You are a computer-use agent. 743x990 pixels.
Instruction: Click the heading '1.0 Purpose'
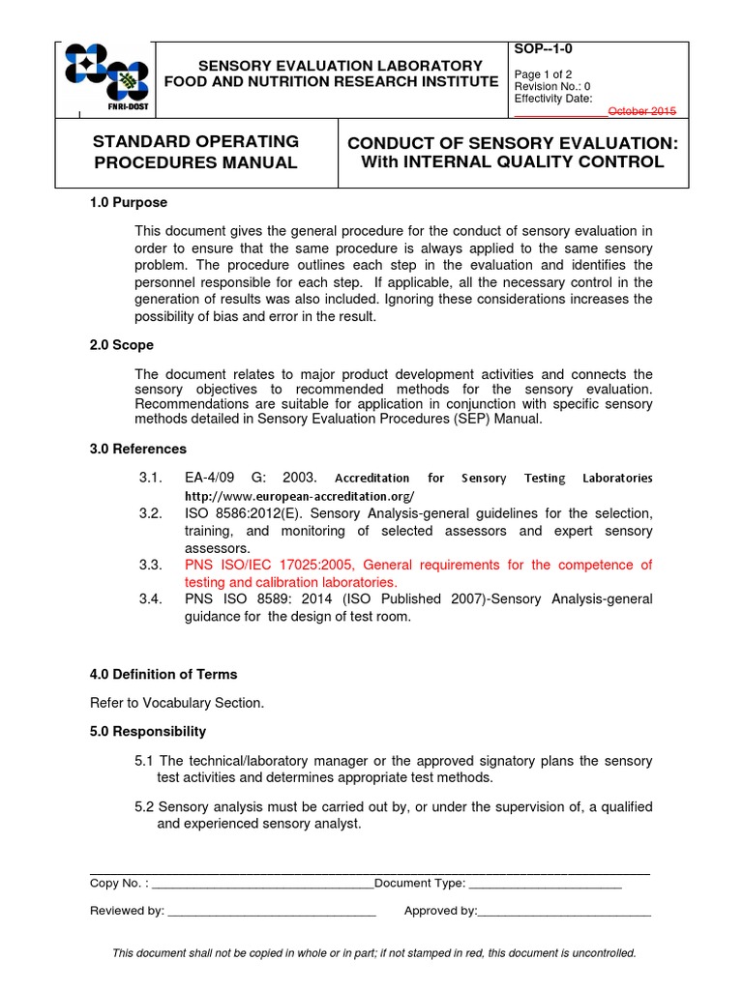pyautogui.click(x=128, y=202)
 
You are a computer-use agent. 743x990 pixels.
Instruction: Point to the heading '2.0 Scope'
pyautogui.click(x=121, y=345)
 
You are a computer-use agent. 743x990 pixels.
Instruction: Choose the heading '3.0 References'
pyautogui.click(x=137, y=449)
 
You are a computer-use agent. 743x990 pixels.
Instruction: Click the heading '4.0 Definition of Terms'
pyautogui.click(x=163, y=674)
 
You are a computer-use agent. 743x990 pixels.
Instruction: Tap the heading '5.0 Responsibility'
pyautogui.click(x=147, y=731)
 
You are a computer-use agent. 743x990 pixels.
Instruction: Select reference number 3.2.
pyautogui.click(x=149, y=512)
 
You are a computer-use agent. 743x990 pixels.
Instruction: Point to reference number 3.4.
pyautogui.click(x=149, y=599)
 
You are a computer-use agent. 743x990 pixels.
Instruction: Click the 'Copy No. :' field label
pyautogui.click(x=120, y=883)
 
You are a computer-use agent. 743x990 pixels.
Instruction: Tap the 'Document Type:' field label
pyautogui.click(x=420, y=883)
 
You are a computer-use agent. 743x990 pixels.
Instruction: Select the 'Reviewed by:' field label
pyautogui.click(x=127, y=911)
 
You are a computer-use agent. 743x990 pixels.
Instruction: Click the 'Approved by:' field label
pyautogui.click(x=440, y=911)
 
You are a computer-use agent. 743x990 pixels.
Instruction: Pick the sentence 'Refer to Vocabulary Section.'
pyautogui.click(x=176, y=703)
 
